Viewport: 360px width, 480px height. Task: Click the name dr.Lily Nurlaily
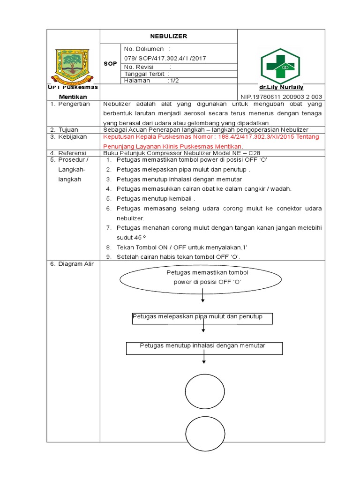pos(281,87)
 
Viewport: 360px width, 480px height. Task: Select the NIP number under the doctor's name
pos(282,97)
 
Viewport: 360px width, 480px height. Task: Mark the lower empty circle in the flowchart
pos(205,433)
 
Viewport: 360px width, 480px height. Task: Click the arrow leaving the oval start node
pos(203,296)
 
